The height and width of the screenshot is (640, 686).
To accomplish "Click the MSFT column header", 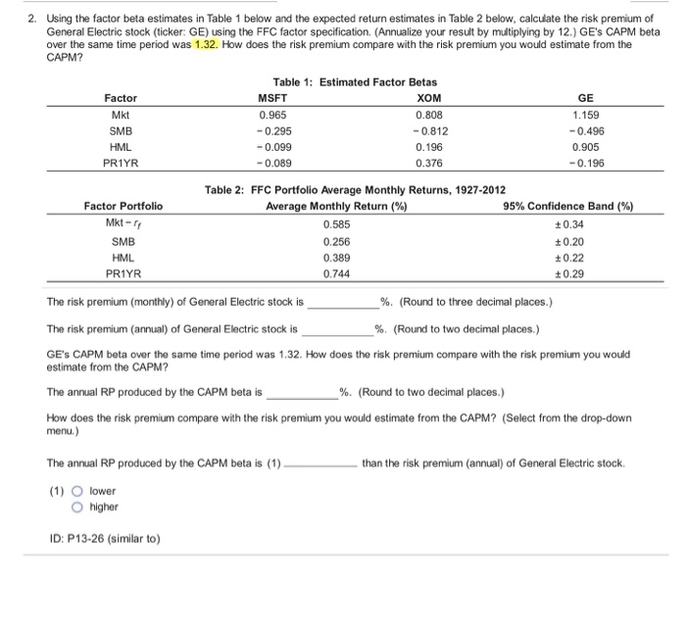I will point(272,98).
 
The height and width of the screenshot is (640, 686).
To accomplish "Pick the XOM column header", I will point(428,98).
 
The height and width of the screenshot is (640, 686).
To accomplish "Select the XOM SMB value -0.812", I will point(428,130).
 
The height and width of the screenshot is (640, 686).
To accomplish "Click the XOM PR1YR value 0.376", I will point(428,164).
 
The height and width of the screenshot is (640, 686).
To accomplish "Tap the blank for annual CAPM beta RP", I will point(302,393).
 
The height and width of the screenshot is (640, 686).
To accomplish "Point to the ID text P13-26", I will point(106,538).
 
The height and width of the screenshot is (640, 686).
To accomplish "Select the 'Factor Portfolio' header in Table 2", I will point(123,206).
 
